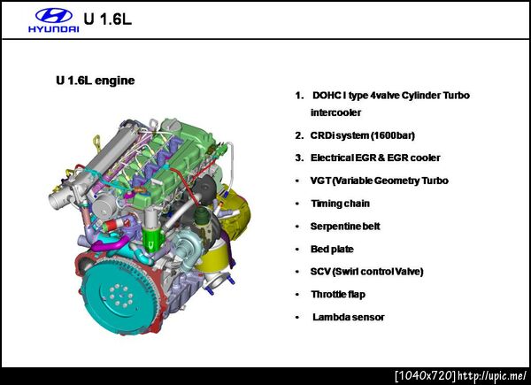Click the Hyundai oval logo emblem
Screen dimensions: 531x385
pos(53,16)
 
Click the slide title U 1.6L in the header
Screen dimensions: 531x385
pos(107,19)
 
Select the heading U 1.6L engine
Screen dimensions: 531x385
pos(96,81)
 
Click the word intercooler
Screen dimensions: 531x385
pos(335,112)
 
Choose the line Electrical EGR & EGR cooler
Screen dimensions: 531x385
pos(375,158)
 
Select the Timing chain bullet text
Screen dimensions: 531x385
pos(340,204)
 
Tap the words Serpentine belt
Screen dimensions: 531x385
pos(345,227)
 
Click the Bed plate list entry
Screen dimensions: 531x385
pos(332,250)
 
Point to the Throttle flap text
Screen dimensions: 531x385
pos(338,294)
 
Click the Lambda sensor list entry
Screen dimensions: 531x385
pos(348,317)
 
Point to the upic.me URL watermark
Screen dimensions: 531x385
pos(492,376)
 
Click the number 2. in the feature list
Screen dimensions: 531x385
pos(299,135)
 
